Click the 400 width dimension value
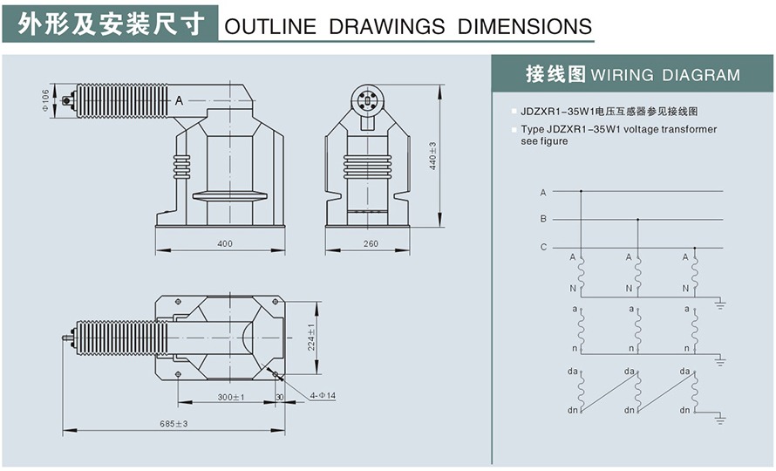tap(225, 243)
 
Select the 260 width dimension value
tap(371, 243)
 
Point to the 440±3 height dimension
tap(433, 155)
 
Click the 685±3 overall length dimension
tap(174, 424)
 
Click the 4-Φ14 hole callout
tap(323, 396)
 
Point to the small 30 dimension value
tap(279, 397)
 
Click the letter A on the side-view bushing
tap(179, 101)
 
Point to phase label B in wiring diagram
tap(543, 218)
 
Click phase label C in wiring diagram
tap(543, 247)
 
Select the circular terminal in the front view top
tap(365, 101)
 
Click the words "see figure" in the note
tap(545, 141)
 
